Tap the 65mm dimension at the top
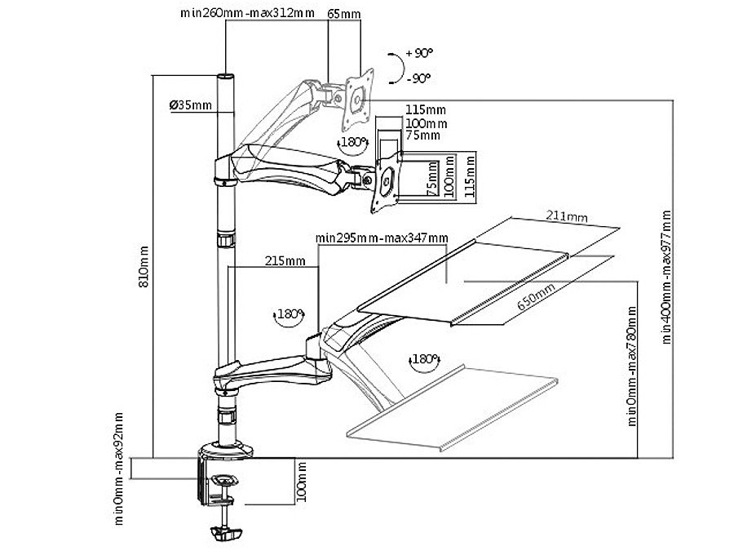343,14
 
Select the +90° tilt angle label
418,53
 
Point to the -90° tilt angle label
418,78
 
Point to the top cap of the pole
225,78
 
